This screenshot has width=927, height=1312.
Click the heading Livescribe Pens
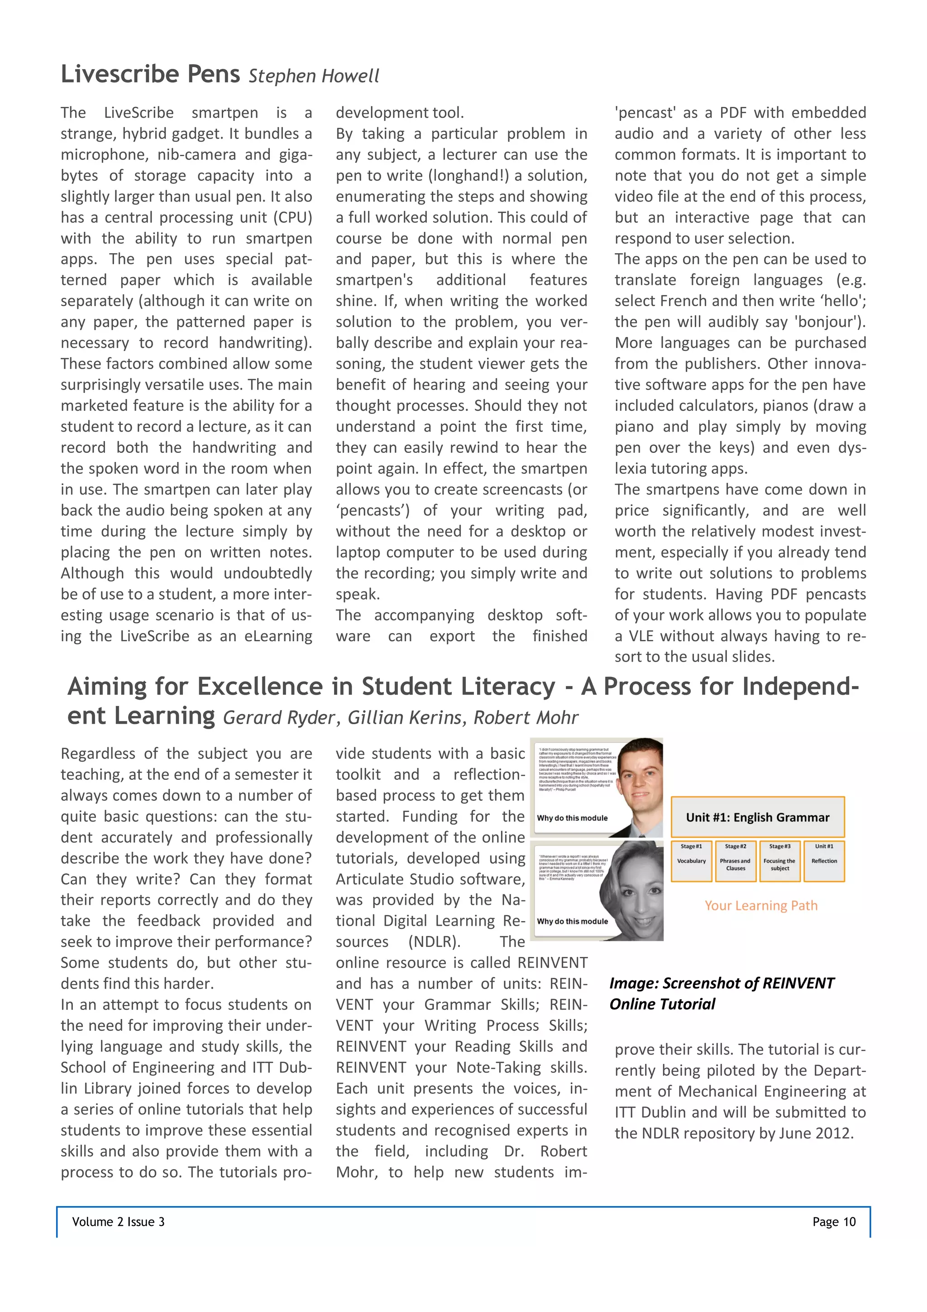150,74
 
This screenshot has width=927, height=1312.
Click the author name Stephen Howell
314,76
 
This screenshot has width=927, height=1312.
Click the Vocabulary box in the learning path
691,861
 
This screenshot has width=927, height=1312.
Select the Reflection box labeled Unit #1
824,861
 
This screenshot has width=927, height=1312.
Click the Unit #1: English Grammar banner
757,817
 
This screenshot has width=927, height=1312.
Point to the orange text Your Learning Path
761,906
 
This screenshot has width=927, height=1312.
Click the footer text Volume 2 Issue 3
118,1222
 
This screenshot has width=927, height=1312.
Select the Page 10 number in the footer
834,1222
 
